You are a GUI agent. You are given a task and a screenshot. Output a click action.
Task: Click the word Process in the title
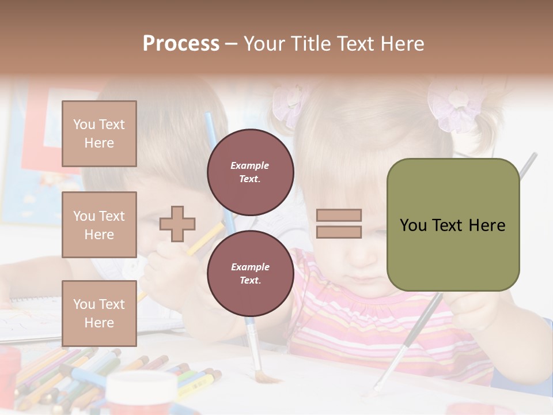click(181, 44)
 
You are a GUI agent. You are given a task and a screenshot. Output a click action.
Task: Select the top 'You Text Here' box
click(99, 134)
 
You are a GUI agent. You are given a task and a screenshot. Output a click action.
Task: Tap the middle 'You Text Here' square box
click(99, 225)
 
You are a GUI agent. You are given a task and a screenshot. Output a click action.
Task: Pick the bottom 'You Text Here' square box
click(99, 313)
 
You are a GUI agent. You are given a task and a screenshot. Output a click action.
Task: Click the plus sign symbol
click(177, 224)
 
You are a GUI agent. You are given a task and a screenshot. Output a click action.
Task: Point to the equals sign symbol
click(339, 224)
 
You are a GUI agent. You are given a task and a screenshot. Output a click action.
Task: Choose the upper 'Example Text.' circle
click(250, 172)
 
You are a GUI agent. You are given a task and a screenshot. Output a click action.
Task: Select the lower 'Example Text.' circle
click(250, 273)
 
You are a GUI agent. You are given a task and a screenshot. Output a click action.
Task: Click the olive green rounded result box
click(453, 225)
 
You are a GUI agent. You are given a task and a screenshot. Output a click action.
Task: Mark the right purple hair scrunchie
click(458, 110)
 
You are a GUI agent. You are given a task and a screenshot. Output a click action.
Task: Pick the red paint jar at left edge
click(9, 369)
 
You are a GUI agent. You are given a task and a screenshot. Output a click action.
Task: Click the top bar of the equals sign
click(339, 216)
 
